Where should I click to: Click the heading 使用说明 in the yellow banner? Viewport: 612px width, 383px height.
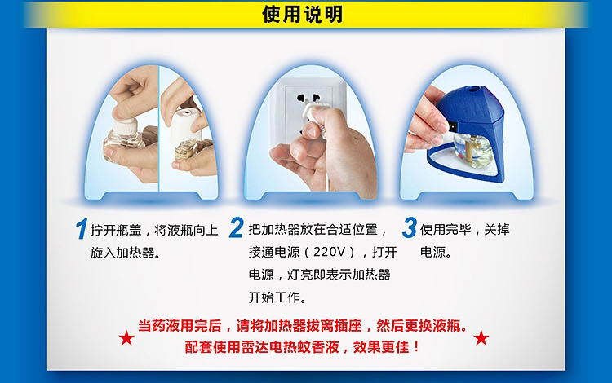(303, 15)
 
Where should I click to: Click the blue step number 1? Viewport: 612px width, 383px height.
(81, 229)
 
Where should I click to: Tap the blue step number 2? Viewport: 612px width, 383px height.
(237, 227)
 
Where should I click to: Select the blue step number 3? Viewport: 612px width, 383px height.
(410, 227)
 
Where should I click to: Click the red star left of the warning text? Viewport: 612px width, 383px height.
(126, 337)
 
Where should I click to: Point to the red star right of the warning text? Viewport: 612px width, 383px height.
(481, 337)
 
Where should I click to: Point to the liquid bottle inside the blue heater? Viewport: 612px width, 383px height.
(473, 150)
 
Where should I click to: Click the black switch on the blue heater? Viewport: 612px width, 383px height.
(453, 127)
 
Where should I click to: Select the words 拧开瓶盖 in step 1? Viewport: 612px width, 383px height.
(116, 230)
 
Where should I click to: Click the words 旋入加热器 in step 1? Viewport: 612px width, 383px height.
(122, 253)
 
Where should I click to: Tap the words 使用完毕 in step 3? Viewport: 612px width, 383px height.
(446, 230)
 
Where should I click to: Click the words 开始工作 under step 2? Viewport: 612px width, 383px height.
(274, 297)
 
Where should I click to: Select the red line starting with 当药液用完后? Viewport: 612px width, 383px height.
(303, 325)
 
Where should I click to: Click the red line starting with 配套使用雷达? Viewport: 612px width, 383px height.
(302, 347)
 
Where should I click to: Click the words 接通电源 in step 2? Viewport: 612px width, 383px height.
(274, 252)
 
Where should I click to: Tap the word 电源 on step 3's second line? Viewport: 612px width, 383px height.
(432, 252)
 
